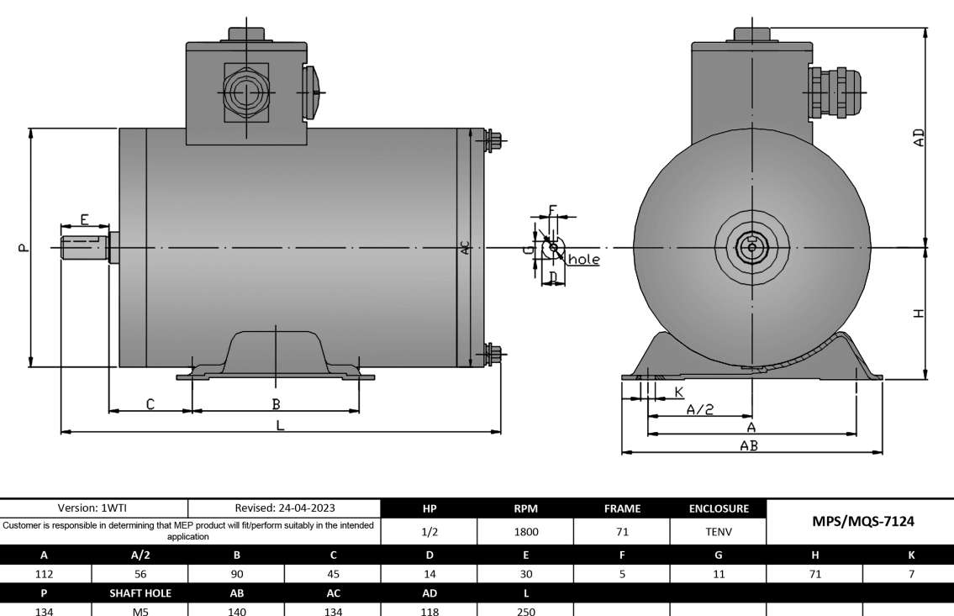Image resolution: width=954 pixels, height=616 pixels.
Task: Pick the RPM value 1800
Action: (524, 531)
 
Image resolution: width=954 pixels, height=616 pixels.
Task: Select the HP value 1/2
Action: (428, 531)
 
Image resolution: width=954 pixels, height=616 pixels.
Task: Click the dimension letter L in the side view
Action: (281, 425)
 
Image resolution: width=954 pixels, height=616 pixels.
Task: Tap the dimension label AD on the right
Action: (919, 138)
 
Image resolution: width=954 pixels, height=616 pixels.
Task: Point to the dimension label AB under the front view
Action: (748, 446)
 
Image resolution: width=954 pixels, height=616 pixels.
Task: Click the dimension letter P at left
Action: (23, 248)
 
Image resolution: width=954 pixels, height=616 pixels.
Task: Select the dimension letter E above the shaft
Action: (85, 218)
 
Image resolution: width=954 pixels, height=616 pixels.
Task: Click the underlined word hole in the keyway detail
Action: (584, 260)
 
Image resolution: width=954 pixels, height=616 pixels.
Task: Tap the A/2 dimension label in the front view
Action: (699, 409)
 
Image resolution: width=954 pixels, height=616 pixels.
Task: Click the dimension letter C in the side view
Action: (150, 404)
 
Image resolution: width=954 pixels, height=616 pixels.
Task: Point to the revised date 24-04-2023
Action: (284, 508)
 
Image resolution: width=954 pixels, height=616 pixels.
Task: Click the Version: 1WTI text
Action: (93, 508)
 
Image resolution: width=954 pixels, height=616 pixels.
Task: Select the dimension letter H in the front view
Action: (919, 313)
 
